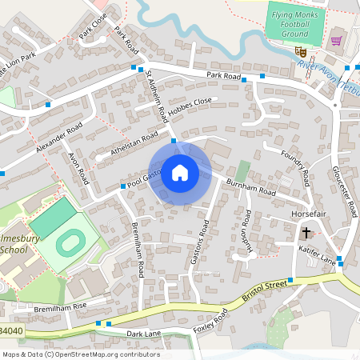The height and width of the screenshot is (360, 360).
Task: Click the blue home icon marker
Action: [180, 172]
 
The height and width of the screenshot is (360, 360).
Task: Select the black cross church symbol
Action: [306, 233]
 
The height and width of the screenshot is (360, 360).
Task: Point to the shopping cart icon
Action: [336, 40]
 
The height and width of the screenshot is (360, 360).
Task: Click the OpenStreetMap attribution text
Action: [80, 354]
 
